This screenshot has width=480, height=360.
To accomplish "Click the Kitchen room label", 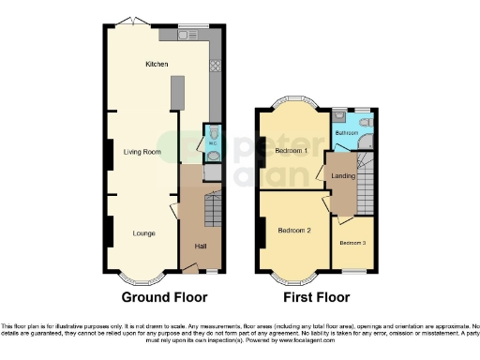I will click(156, 65).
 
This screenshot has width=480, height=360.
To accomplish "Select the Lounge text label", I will click(143, 232).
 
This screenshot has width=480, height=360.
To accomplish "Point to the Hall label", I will click(200, 247).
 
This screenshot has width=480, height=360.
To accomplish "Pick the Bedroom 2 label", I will click(294, 229).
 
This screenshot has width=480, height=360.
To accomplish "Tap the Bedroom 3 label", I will click(352, 244).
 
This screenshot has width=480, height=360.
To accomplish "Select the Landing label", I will click(343, 175).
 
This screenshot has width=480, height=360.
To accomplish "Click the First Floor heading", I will click(316, 297).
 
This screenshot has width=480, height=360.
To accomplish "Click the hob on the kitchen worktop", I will click(216, 66).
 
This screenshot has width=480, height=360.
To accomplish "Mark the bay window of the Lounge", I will click(143, 277).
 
